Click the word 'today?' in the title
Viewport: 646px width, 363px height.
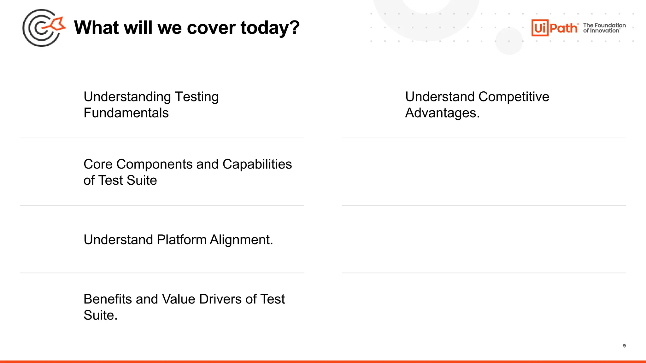[x=270, y=28]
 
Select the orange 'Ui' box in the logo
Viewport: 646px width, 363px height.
[x=540, y=28]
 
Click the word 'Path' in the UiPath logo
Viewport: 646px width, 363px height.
[x=564, y=28]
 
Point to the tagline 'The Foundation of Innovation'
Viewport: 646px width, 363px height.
[x=604, y=28]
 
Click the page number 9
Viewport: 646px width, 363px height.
[x=624, y=346]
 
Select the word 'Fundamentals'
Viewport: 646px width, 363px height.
[x=126, y=113]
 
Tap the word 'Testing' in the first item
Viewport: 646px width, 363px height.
[x=197, y=97]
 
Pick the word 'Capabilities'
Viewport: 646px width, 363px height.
[x=257, y=164]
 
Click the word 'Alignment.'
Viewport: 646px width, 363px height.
[x=241, y=240]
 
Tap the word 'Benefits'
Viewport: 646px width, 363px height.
[x=108, y=299]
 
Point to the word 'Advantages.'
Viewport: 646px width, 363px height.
[x=442, y=113]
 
